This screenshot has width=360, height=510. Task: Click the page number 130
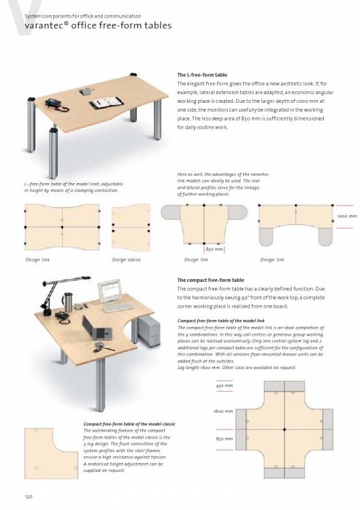29,496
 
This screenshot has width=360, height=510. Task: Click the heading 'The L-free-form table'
202,75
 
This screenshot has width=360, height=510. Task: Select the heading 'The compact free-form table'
210,280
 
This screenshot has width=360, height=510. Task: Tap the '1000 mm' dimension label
346,217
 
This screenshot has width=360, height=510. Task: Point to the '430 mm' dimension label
225,386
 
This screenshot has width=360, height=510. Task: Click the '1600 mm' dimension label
223,411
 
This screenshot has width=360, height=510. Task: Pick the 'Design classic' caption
127,259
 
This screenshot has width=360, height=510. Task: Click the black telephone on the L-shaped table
56,105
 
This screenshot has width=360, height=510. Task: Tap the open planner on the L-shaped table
106,103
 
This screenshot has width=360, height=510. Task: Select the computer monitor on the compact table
110,291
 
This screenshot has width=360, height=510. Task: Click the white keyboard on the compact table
118,307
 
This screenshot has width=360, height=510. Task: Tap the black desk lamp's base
46,313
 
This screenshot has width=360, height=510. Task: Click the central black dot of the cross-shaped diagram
284,430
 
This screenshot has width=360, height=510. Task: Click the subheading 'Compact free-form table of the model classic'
129,424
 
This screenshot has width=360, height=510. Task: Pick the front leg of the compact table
101,384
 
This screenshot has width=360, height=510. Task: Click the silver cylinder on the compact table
68,302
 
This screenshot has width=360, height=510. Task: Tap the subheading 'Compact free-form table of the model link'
220,321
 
